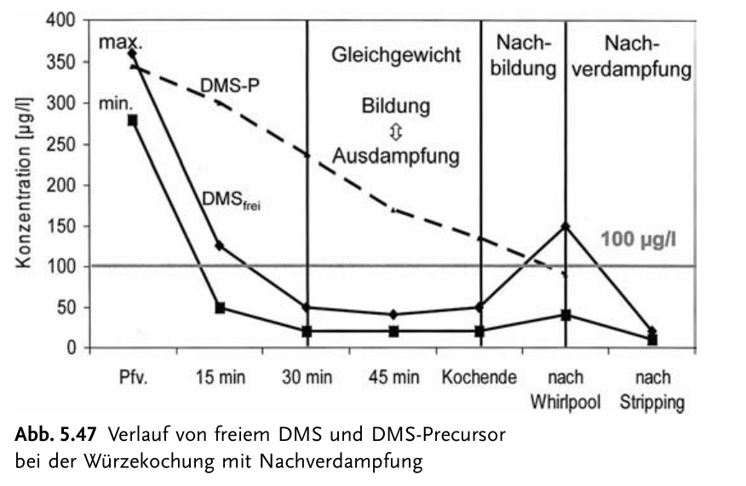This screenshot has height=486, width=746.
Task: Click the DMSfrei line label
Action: pyautogui.click(x=230, y=198)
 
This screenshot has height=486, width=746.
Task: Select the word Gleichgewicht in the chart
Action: pyautogui.click(x=396, y=55)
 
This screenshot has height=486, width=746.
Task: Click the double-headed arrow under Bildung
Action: pyautogui.click(x=395, y=131)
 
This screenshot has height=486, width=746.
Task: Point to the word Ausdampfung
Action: pyautogui.click(x=396, y=157)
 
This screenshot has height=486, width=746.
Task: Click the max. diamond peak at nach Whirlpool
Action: pyautogui.click(x=565, y=226)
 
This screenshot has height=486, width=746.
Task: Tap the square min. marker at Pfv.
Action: pyautogui.click(x=132, y=120)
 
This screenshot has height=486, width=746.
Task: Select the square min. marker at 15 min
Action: pyautogui.click(x=219, y=307)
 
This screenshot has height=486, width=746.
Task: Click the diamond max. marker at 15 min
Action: pyautogui.click(x=219, y=246)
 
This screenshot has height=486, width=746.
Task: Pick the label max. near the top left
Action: pyautogui.click(x=118, y=41)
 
